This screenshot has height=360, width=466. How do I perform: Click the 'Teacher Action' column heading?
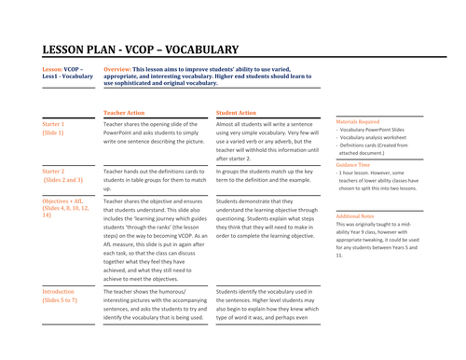click(x=126, y=111)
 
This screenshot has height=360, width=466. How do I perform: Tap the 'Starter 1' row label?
click(x=54, y=124)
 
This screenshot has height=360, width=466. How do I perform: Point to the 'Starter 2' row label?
click(x=54, y=172)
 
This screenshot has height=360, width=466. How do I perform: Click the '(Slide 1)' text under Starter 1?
click(x=54, y=133)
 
